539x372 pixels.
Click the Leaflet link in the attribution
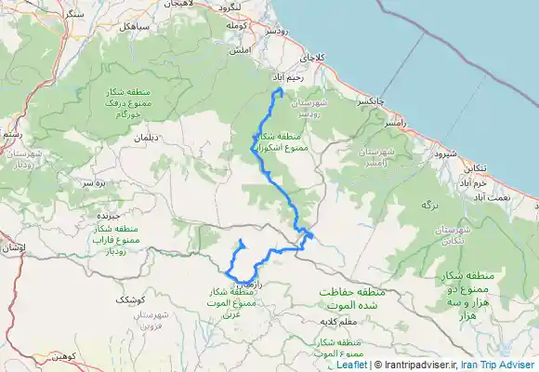(351, 365)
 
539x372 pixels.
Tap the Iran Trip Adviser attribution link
(498, 365)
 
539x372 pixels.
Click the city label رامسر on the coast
(395, 123)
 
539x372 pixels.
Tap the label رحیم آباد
(287, 77)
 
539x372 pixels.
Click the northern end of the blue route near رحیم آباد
(280, 89)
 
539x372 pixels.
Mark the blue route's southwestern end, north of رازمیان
(241, 242)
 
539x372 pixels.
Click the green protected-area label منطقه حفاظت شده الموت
(350, 297)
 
